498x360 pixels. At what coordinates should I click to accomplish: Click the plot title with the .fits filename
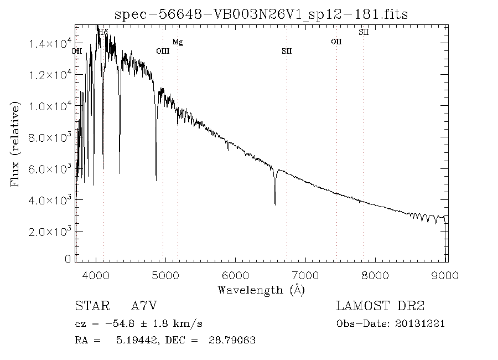261,14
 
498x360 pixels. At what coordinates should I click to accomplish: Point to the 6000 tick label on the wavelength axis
235,275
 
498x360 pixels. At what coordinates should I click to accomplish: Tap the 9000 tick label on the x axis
445,275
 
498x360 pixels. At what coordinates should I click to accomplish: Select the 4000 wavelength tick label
96,275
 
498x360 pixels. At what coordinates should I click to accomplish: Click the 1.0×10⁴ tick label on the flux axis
48,106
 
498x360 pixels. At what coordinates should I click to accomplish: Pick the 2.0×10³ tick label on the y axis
48,231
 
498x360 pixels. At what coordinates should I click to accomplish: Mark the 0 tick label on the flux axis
68,259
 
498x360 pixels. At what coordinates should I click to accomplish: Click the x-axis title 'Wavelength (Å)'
261,290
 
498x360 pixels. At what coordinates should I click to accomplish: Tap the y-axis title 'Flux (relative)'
15,144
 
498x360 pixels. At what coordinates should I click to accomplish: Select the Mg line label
178,42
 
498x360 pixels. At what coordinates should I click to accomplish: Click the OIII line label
163,51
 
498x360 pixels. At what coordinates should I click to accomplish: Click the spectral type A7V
144,306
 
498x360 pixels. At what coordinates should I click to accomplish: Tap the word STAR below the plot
92,306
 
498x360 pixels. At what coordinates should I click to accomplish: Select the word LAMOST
362,306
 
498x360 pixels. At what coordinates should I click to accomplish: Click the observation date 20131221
420,324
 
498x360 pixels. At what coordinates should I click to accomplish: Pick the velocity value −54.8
120,324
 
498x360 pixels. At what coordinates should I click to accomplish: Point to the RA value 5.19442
137,340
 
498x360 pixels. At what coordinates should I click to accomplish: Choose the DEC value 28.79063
232,340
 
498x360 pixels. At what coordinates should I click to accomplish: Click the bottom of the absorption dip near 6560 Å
275,204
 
